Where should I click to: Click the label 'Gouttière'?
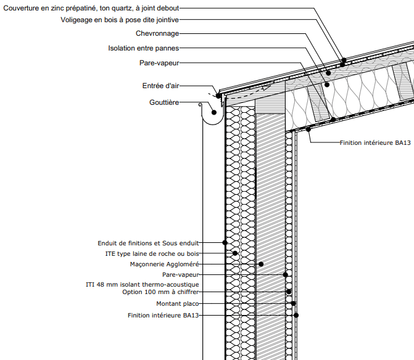click(164, 102)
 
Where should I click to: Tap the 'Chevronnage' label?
click(157, 33)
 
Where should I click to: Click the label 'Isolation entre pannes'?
click(143, 47)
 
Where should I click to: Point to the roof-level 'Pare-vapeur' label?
click(159, 62)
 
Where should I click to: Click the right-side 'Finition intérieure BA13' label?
click(375, 142)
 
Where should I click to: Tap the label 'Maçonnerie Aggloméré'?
click(165, 264)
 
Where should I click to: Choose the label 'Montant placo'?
click(177, 303)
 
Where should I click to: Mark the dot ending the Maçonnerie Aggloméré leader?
click(261, 264)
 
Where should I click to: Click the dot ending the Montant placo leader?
click(294, 303)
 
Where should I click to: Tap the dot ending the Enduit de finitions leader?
click(225, 242)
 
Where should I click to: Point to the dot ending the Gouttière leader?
click(213, 112)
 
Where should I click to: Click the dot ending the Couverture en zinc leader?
click(344, 60)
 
